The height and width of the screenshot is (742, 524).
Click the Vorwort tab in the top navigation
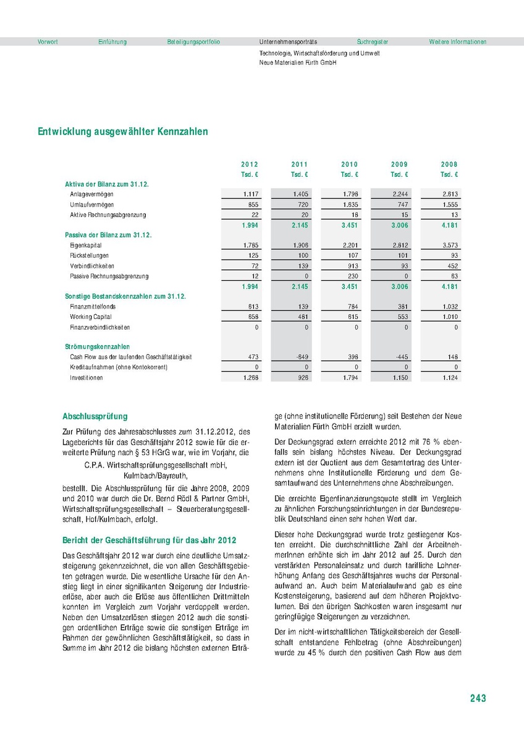click(x=48, y=42)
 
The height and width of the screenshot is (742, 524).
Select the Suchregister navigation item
click(x=373, y=42)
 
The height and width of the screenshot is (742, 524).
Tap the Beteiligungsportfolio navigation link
click(x=193, y=42)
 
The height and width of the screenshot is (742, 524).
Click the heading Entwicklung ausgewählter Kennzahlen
click(x=123, y=132)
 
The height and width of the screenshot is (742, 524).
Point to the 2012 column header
click(x=250, y=164)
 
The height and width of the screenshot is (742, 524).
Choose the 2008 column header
click(x=449, y=164)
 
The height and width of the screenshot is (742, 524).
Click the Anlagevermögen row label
click(x=92, y=194)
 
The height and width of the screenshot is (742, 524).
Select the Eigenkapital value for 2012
click(x=250, y=245)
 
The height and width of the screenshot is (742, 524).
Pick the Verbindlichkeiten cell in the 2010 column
click(x=349, y=266)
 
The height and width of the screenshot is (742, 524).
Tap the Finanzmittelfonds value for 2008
click(x=449, y=307)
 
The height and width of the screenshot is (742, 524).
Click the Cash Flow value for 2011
click(x=300, y=357)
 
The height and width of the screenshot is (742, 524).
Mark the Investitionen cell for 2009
click(x=400, y=377)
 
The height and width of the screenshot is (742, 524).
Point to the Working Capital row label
click(x=90, y=317)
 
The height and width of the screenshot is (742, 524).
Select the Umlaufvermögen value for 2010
click(x=349, y=205)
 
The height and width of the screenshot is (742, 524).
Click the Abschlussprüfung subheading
click(x=95, y=417)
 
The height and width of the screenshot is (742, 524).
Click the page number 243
click(x=478, y=698)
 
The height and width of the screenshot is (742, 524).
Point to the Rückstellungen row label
click(x=90, y=255)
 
